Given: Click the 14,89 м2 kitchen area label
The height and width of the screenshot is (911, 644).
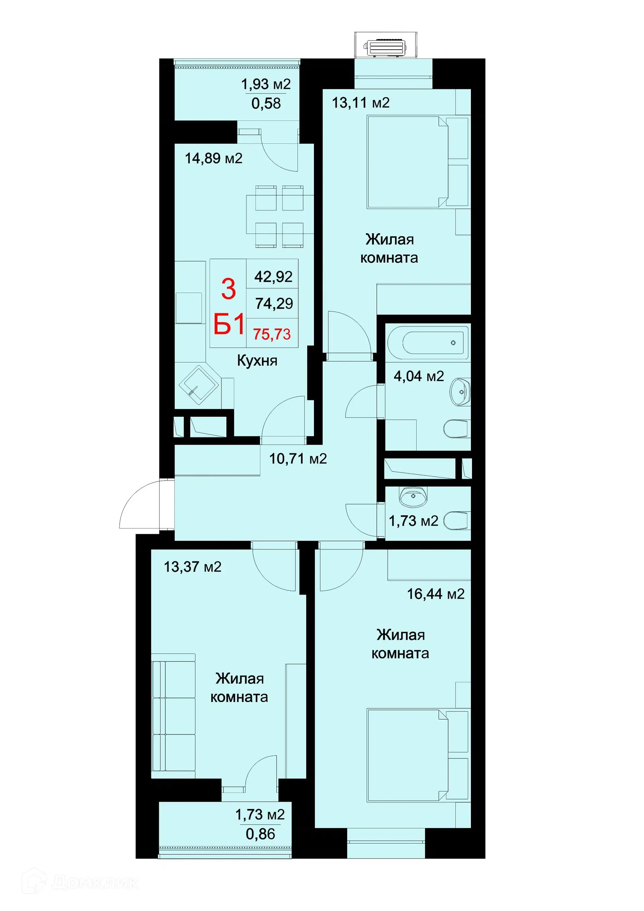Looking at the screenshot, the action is click(213, 159).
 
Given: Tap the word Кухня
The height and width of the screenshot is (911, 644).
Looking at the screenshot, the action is click(257, 361).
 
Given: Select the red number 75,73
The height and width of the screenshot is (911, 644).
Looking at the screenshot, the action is click(272, 334).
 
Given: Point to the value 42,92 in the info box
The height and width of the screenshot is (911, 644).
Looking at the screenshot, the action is click(273, 276).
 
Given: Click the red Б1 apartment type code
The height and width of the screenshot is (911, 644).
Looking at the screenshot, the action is click(229, 324).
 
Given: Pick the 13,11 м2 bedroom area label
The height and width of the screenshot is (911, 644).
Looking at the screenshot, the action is click(361, 103).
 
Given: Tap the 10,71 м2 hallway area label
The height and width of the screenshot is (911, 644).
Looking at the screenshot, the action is click(298, 459).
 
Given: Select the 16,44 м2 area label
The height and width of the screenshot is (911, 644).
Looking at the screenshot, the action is click(436, 594).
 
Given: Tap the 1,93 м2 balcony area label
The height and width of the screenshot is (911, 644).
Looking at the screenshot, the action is click(266, 84).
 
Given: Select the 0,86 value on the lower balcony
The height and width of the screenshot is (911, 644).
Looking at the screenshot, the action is click(260, 834).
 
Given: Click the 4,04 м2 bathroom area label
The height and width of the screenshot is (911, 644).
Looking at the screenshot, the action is click(419, 376).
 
